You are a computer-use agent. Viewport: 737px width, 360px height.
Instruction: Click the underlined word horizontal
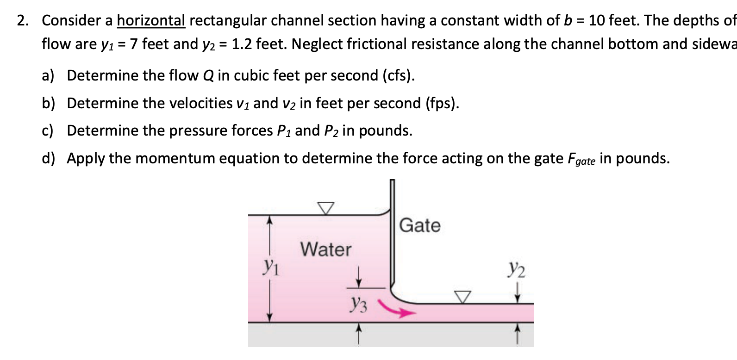pos(151,20)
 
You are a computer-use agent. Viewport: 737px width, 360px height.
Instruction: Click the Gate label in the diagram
pos(420,225)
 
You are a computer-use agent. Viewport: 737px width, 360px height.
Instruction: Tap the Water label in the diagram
pos(326,249)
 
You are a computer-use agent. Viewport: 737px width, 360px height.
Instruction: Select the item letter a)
pos(48,75)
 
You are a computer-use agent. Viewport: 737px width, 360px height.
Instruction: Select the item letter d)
pos(48,158)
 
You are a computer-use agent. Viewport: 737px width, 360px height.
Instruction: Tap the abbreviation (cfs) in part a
pos(398,75)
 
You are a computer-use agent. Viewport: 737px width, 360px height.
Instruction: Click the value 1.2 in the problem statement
pos(241,44)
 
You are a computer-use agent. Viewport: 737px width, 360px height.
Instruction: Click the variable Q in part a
pos(208,75)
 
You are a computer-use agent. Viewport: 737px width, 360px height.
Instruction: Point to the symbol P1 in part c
pos(284,131)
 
